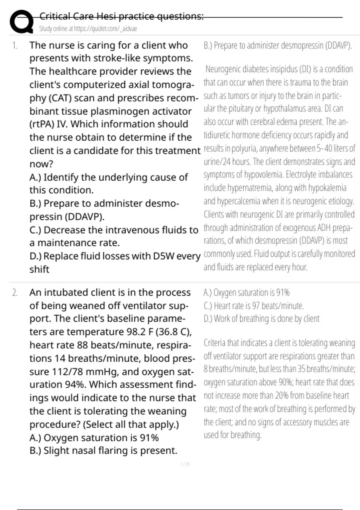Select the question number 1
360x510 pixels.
click(x=15, y=46)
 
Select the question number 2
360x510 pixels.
click(x=15, y=292)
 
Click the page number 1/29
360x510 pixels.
click(x=185, y=464)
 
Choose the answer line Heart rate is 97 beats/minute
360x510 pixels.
click(x=253, y=306)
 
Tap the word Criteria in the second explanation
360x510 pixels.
click(x=214, y=343)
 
